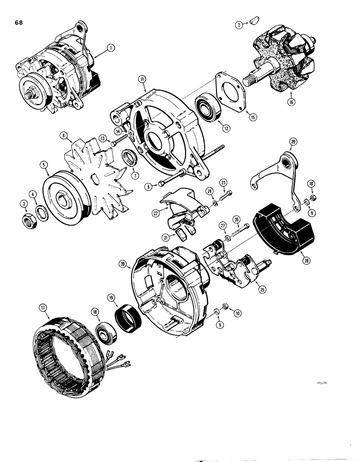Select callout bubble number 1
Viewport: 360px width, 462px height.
110,47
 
